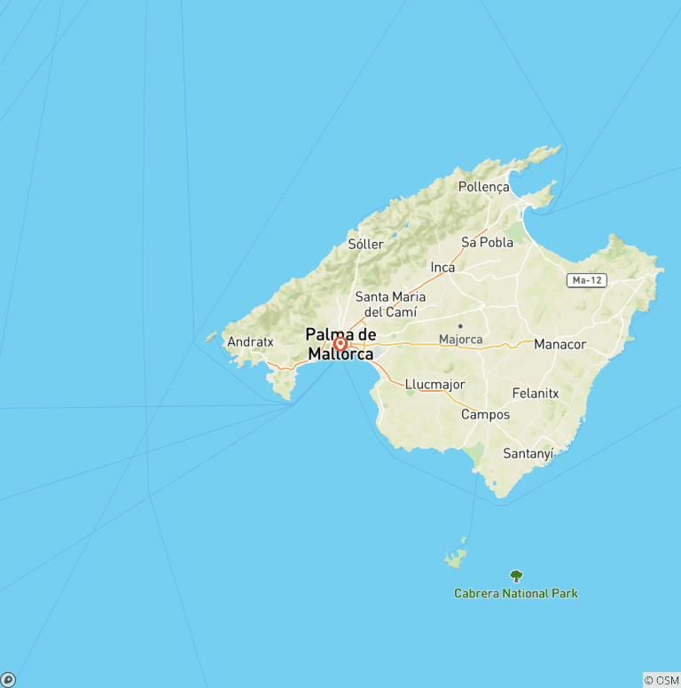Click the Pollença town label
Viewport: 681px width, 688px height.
[484, 187]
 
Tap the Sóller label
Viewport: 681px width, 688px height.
[366, 244]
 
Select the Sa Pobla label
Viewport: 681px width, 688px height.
[487, 242]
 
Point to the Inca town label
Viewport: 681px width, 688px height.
[442, 267]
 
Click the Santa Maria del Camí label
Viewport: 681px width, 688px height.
[390, 304]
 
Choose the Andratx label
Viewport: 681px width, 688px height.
[250, 341]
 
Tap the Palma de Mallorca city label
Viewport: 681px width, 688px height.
[340, 344]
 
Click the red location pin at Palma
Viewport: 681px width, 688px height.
[340, 343]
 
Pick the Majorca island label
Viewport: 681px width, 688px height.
[460, 340]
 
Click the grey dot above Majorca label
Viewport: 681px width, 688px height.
[460, 326]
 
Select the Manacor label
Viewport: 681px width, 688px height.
[560, 344]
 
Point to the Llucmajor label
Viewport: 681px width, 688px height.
[434, 385]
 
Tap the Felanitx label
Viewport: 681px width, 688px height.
[536, 393]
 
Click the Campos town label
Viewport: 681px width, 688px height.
[485, 414]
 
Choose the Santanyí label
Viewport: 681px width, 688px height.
[528, 453]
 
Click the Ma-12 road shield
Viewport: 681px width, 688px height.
[587, 280]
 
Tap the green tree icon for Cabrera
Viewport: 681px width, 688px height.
[516, 575]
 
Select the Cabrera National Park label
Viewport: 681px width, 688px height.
[516, 593]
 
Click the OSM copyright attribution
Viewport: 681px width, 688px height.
[661, 680]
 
